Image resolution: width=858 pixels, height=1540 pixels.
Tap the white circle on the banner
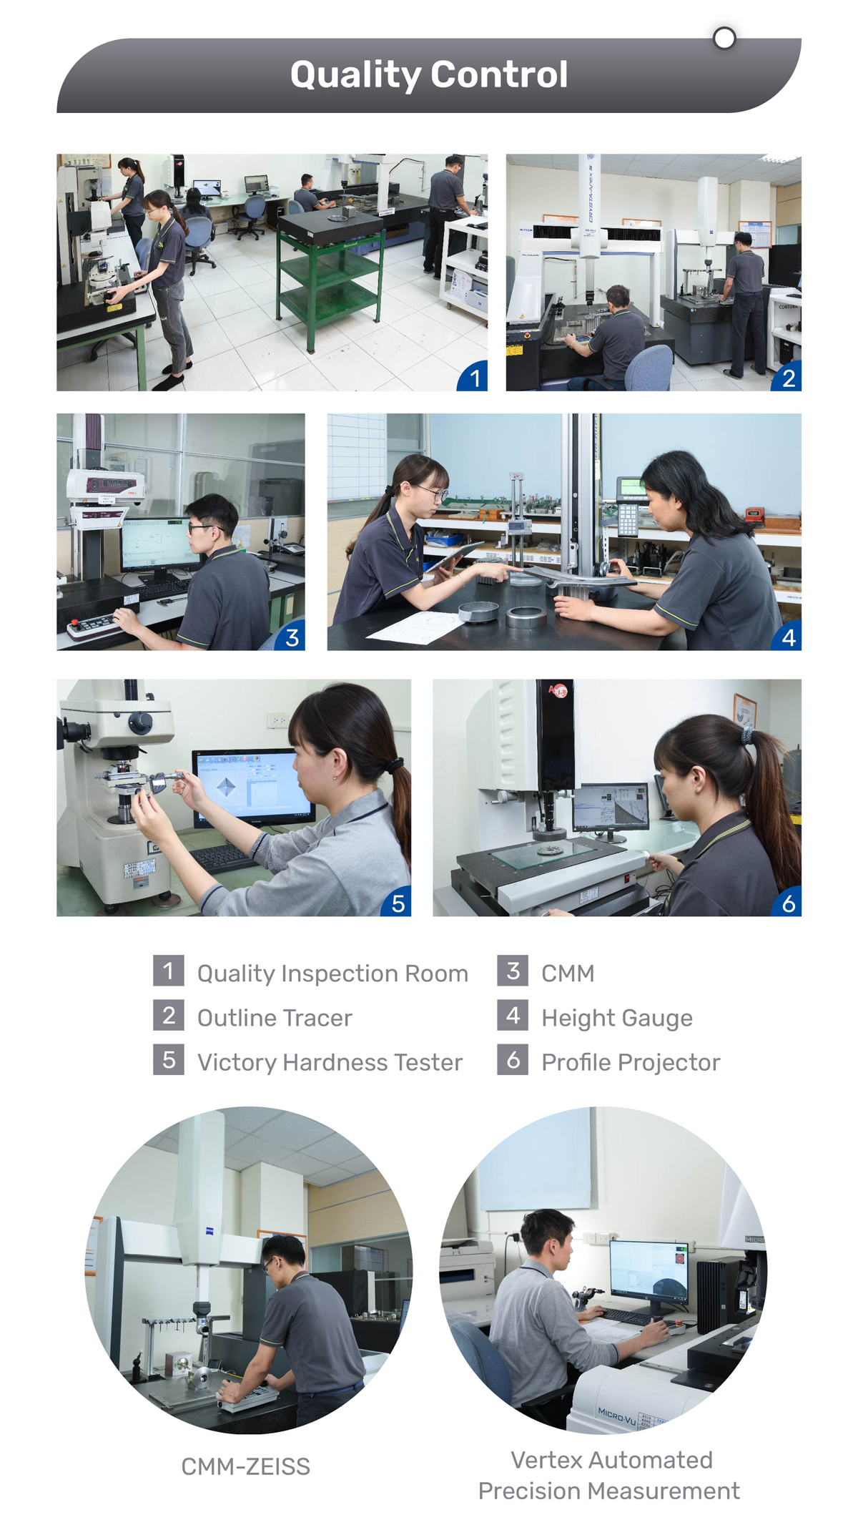click(724, 38)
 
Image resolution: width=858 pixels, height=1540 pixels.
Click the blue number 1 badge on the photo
click(473, 377)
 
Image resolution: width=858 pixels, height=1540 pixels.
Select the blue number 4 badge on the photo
click(787, 637)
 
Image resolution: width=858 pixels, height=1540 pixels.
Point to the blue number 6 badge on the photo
click(787, 903)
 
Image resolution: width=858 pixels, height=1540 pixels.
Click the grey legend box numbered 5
click(169, 1059)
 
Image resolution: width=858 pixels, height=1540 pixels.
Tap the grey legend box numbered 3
click(513, 971)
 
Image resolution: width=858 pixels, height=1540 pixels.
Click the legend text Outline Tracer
click(275, 1018)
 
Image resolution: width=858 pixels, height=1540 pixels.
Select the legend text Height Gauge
click(617, 1018)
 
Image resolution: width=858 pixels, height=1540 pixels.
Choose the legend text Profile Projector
click(631, 1062)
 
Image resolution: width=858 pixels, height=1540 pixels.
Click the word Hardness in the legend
click(335, 1062)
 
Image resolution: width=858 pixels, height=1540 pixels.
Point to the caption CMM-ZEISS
click(245, 1466)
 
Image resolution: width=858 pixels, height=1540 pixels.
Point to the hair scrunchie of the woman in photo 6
click(746, 735)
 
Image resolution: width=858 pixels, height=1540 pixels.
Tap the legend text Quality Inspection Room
click(332, 973)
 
